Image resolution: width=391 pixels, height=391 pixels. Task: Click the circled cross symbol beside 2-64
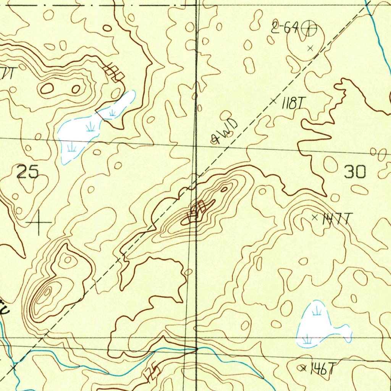tap(309, 29)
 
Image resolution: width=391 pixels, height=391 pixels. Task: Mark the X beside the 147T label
tap(315, 218)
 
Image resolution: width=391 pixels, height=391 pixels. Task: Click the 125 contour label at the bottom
tap(150, 372)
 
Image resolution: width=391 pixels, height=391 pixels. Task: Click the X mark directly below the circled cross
tap(310, 48)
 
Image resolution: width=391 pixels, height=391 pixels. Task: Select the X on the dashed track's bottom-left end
tap(14, 368)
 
